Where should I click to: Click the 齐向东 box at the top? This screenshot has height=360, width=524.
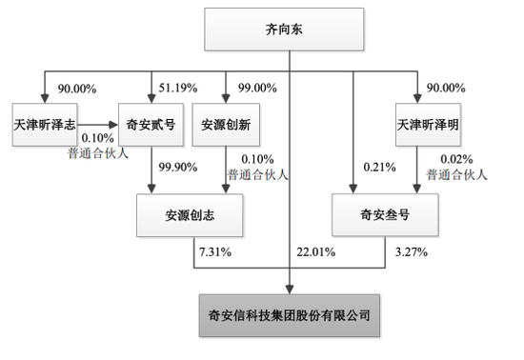[x=284, y=30]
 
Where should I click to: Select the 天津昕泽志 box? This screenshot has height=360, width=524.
[x=45, y=125]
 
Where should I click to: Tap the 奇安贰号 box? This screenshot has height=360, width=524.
[x=151, y=125]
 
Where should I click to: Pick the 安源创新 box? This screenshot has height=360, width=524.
[x=226, y=125]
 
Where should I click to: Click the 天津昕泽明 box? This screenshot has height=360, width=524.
[x=428, y=125]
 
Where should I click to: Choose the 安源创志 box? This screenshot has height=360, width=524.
[x=190, y=215]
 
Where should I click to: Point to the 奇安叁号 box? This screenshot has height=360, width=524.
[x=385, y=214]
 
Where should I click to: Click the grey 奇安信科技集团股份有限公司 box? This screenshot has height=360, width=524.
[x=290, y=315]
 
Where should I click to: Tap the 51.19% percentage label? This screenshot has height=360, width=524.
[x=178, y=88]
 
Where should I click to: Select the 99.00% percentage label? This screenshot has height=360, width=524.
[x=257, y=88]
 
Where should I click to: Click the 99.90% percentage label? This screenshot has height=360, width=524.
[x=178, y=167]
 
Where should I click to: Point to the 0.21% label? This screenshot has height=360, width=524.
[x=379, y=167]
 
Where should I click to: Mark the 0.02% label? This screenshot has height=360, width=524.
[x=456, y=159]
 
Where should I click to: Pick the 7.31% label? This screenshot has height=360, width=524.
[x=215, y=251]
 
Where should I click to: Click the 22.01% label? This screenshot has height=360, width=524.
[x=315, y=251]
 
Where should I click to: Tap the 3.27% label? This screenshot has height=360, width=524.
[x=412, y=251]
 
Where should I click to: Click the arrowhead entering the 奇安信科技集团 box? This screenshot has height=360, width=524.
[x=290, y=290]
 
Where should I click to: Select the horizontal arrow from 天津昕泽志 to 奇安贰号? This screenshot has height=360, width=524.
[x=98, y=125]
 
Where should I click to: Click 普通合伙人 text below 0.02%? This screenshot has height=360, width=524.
[x=456, y=174]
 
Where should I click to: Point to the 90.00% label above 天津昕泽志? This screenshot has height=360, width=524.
[x=77, y=89]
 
